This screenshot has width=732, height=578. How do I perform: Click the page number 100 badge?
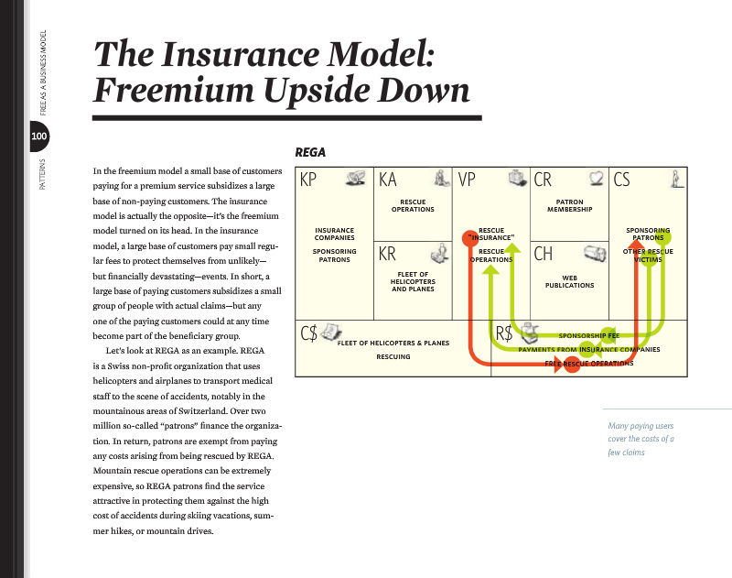tap(38, 136)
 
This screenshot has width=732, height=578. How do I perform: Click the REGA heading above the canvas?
tap(310, 152)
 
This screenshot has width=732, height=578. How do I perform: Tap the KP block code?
tap(308, 180)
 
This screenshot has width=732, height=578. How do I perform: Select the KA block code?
tap(387, 180)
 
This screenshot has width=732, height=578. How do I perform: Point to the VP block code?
tap(467, 180)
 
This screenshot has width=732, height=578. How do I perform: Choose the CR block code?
tap(543, 180)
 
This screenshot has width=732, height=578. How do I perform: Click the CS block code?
tap(622, 180)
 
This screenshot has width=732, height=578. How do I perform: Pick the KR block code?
tap(387, 254)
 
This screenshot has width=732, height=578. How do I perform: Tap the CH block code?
tap(544, 254)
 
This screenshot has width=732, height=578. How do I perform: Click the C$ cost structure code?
tap(309, 333)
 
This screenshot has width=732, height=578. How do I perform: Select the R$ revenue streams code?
tap(504, 333)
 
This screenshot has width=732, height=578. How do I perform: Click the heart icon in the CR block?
tap(597, 178)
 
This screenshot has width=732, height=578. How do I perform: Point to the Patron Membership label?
tap(569, 205)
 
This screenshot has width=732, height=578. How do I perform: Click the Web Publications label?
tap(569, 281)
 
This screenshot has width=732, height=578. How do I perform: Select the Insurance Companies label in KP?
tap(334, 234)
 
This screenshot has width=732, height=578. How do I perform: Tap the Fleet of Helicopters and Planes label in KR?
tap(414, 282)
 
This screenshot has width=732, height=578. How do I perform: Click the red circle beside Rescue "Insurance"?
tap(470, 238)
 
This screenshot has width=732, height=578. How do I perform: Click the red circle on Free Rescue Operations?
tap(571, 364)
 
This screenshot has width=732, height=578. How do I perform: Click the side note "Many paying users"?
tap(640, 426)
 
